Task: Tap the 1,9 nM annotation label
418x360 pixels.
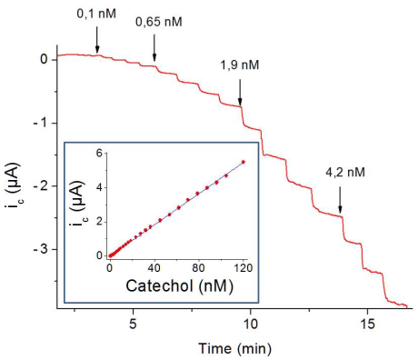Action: click(240, 65)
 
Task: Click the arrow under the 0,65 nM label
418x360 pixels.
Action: click(154, 48)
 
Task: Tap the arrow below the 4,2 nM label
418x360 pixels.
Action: click(341, 199)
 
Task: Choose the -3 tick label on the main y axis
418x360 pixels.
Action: click(40, 249)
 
